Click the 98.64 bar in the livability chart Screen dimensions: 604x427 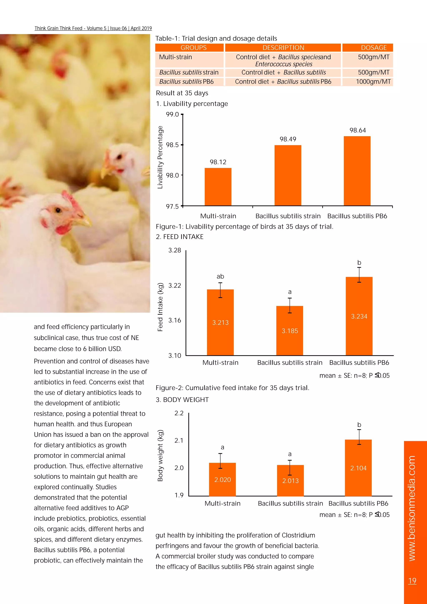[x=357, y=171]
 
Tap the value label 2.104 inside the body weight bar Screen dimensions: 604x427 [x=358, y=468]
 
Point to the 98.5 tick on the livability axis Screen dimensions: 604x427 [x=172, y=145]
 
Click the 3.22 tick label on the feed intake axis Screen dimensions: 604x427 [x=175, y=286]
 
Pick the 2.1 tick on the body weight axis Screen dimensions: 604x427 [x=179, y=440]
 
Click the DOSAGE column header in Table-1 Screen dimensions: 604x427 [x=374, y=48]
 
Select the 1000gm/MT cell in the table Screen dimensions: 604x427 [x=373, y=82]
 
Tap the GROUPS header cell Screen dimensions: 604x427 [x=193, y=48]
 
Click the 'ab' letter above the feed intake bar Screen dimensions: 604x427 [x=220, y=276]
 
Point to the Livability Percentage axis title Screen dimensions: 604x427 [x=160, y=157]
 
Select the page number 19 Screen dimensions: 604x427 [x=412, y=581]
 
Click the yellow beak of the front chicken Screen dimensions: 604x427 [x=84, y=221]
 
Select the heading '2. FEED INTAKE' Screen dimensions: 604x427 [x=180, y=237]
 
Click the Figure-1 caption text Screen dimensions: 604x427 [x=245, y=226]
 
